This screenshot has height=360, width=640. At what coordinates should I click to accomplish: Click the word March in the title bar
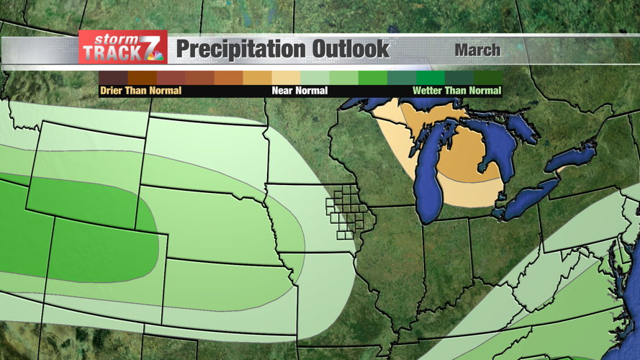tap(477, 50)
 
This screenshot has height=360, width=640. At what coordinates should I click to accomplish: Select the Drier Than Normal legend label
tap(140, 91)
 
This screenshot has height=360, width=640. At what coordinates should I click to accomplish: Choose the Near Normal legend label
tap(299, 91)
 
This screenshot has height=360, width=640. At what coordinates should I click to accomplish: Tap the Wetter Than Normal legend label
tap(456, 91)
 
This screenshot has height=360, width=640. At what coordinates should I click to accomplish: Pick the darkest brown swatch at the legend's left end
tap(113, 78)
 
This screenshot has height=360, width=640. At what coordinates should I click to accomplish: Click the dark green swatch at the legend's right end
tap(487, 78)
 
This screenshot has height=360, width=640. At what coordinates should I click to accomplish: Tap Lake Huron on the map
tap(500, 144)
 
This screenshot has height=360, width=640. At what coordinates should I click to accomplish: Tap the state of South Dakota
tap(205, 155)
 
